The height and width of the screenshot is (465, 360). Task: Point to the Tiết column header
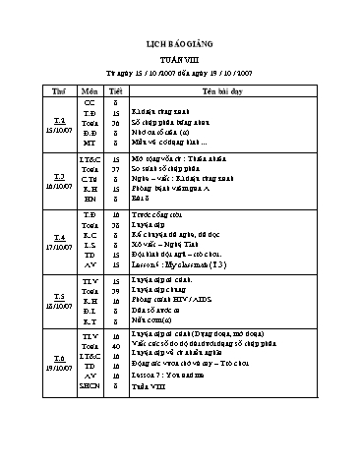[x=117, y=89]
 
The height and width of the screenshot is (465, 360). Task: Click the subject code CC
[x=90, y=102]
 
